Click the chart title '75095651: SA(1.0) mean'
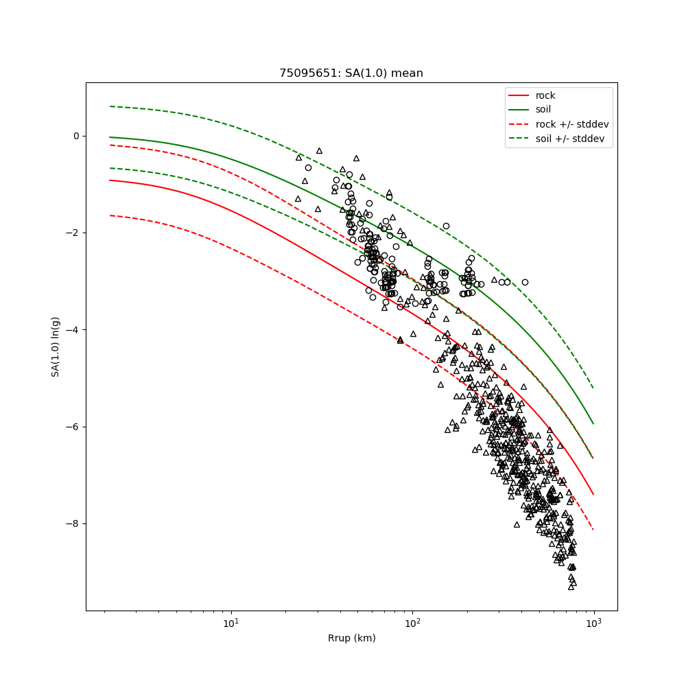351,73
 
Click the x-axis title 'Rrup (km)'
351,638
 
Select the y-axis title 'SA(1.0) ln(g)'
56,346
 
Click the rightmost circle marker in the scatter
525,282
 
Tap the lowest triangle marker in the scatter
571,587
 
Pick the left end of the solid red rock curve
110,180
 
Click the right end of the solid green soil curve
593,423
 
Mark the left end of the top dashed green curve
110,106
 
